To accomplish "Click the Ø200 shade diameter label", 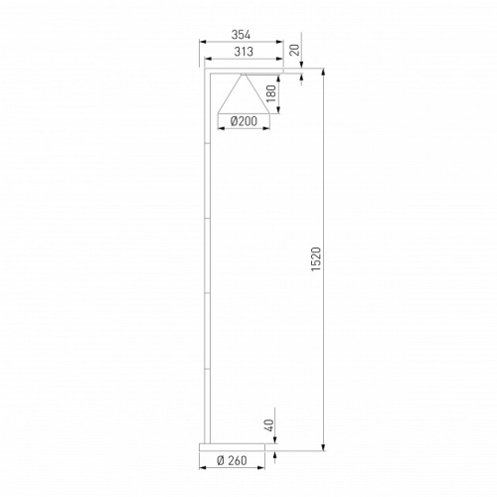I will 244,121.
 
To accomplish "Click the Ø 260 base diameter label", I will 236,461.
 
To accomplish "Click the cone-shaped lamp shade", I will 245,96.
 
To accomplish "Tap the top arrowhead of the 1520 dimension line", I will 324,72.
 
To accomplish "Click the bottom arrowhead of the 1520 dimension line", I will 324,447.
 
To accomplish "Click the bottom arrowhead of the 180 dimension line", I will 278,111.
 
